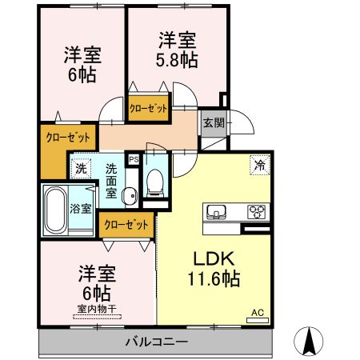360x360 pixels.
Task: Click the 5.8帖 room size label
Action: pos(177,50)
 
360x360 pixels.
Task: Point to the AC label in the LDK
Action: pos(258,312)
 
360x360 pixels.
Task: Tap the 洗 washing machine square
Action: pos(80,168)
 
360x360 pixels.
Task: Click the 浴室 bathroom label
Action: pos(80,209)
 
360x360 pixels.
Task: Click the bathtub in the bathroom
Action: pos(55,210)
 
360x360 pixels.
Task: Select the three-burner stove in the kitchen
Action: pos(258,213)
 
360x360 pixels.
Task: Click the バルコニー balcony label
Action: pos(156,342)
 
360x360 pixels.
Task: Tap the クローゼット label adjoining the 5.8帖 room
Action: pos(149,110)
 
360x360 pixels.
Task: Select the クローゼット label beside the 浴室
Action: pos(126,225)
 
